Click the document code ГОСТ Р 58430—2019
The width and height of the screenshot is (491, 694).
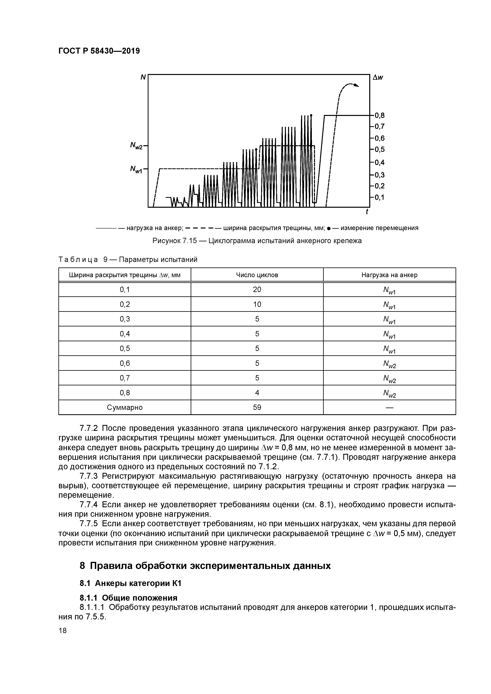(99, 51)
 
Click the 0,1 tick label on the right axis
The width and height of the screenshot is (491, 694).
(379, 197)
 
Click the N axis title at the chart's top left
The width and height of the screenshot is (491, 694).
(143, 77)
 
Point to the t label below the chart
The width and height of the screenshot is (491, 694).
(367, 212)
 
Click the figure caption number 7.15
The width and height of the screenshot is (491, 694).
(190, 241)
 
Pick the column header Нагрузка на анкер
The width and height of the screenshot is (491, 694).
(389, 275)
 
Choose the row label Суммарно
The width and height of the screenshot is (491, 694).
(125, 408)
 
